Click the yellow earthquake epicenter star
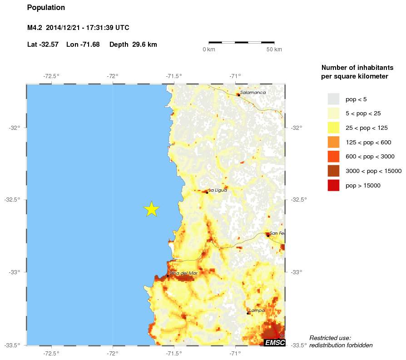point(152,209)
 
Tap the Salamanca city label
point(253,92)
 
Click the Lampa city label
point(257,311)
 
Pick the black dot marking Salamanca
point(238,95)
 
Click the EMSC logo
point(274,342)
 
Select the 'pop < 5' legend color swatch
point(333,99)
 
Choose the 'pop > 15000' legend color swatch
point(333,185)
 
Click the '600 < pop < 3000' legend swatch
point(333,157)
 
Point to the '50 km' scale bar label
point(274,49)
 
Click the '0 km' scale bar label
point(209,49)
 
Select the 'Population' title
point(46,8)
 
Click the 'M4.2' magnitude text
point(35,28)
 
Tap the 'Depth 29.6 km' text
point(133,44)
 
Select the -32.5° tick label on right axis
point(298,200)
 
